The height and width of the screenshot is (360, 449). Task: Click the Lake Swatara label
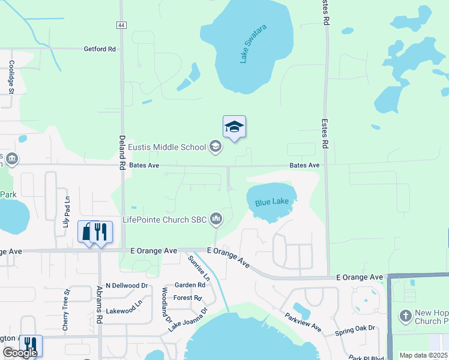(253, 44)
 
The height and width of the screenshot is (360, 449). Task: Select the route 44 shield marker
(121, 25)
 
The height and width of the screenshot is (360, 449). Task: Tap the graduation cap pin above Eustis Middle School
(234, 127)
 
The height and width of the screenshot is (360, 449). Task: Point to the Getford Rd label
(100, 49)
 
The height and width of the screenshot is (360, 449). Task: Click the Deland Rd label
(121, 140)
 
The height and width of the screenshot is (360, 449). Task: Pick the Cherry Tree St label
(66, 310)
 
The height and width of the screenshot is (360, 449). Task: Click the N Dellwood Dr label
(127, 286)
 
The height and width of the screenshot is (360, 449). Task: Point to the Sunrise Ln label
(199, 268)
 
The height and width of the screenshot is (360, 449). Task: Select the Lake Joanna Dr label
(187, 319)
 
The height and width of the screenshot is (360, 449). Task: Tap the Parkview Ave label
(304, 323)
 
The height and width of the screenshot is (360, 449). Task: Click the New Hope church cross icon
(405, 316)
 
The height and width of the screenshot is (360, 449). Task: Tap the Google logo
(20, 353)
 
